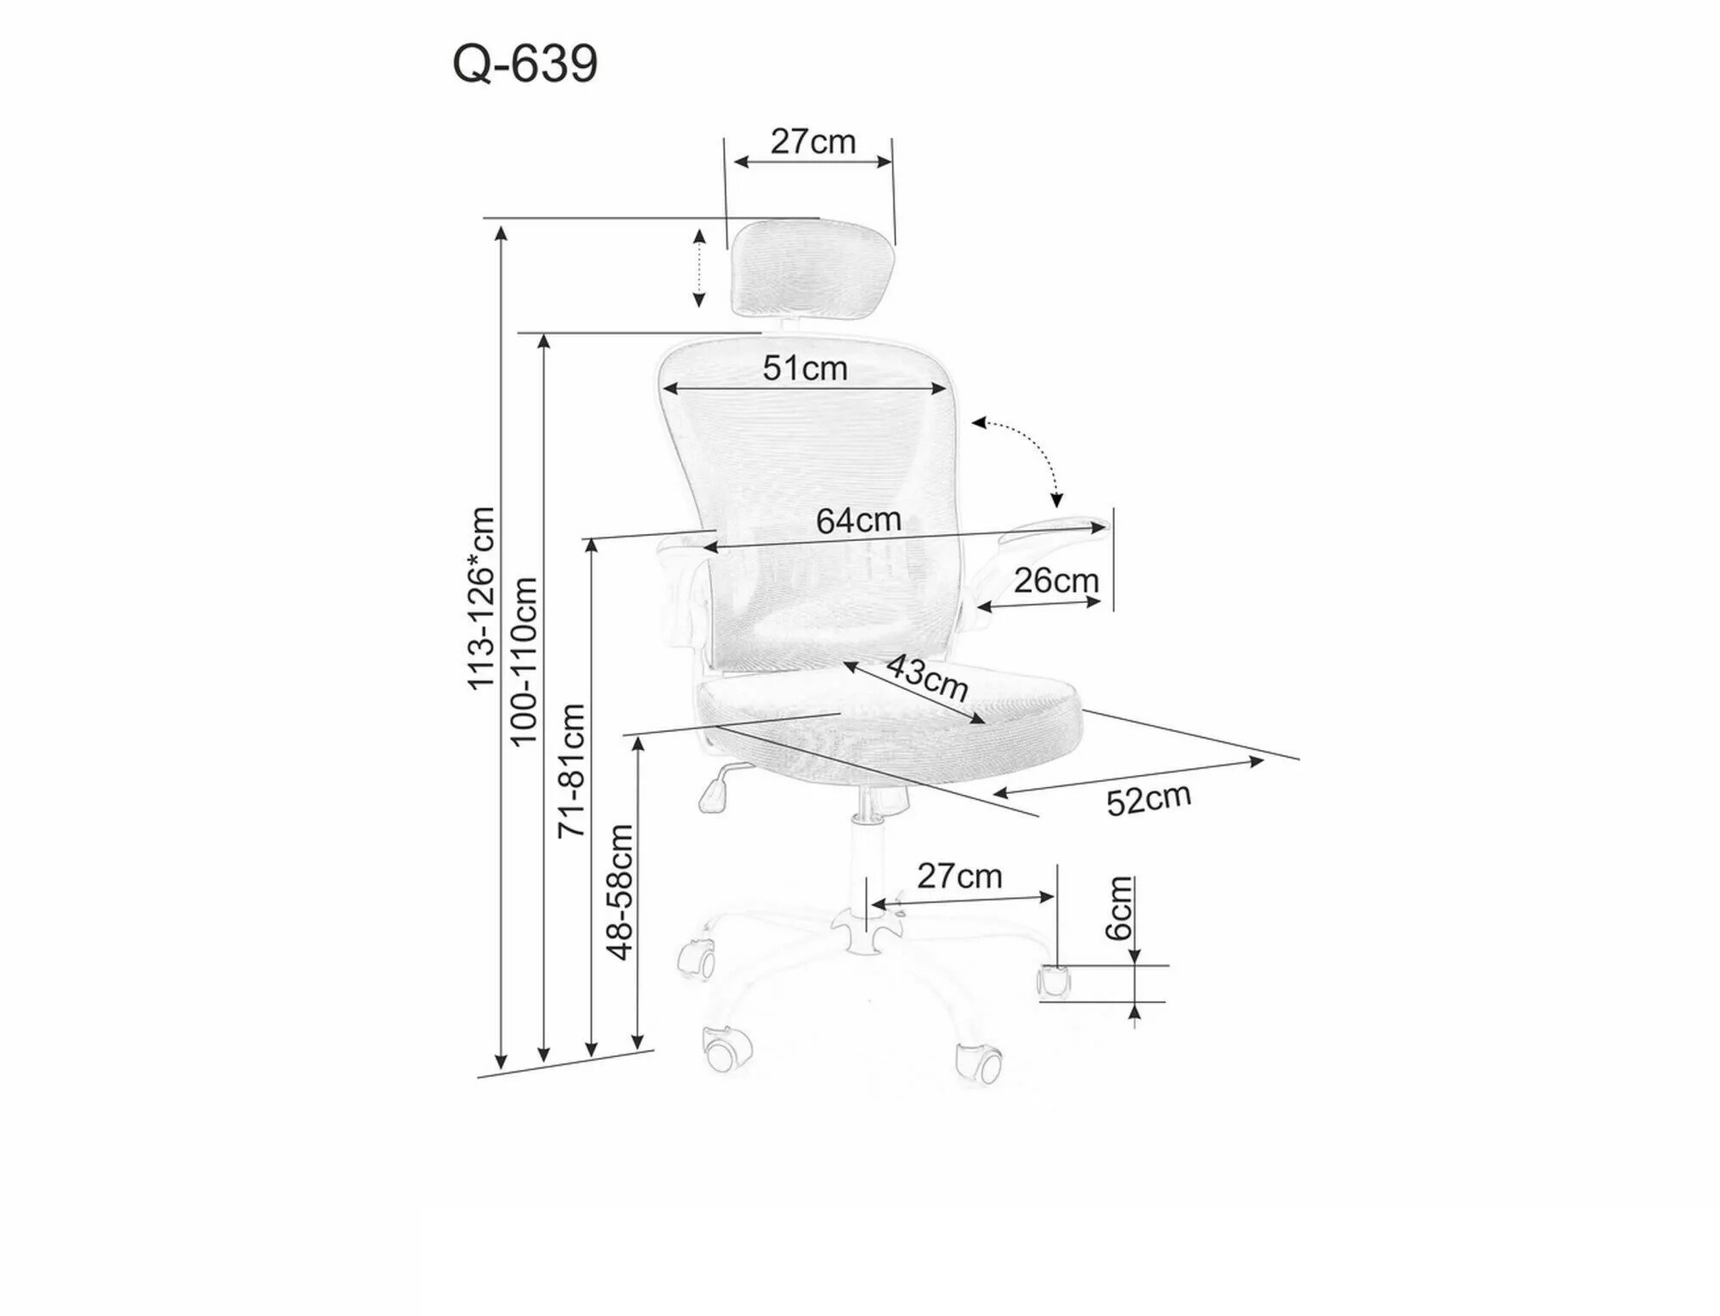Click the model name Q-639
click(525, 64)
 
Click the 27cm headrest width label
click(813, 142)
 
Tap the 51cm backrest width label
click(805, 368)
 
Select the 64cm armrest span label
click(858, 520)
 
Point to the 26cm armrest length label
click(1056, 581)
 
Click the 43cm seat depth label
click(927, 677)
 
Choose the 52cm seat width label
click(1149, 799)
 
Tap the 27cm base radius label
click(959, 876)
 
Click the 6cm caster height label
click(1118, 908)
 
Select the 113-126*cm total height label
click(481, 599)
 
